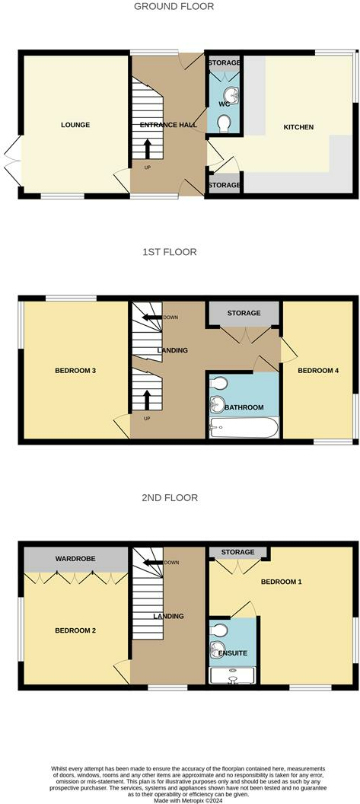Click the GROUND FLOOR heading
tap(174, 6)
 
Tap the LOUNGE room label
tap(75, 125)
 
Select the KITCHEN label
tap(298, 126)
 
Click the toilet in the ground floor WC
tap(225, 123)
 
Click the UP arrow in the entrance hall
tap(147, 148)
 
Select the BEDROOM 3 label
tap(75, 371)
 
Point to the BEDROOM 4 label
tap(317, 371)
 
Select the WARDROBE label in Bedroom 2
tap(75, 559)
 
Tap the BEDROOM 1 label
tap(281, 582)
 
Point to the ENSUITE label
tap(233, 653)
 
